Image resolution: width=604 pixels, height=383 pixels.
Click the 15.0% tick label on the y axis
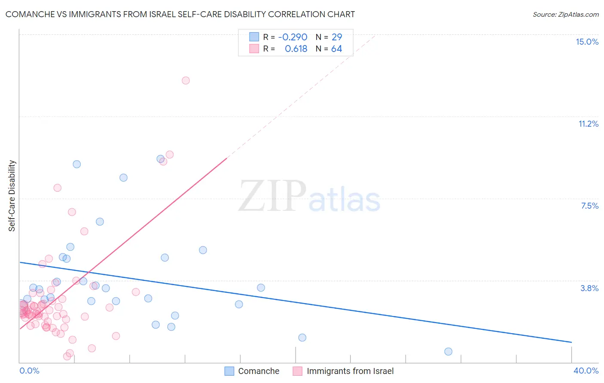point(587,42)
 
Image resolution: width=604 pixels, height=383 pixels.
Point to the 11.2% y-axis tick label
point(588,124)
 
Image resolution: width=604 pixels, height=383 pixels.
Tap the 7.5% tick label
point(589,206)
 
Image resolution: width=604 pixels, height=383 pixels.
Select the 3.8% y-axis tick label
point(589,288)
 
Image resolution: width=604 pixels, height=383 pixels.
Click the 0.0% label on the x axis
point(29,371)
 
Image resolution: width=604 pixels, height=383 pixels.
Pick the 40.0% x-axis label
point(586,371)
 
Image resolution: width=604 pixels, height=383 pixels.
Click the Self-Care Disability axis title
point(12,196)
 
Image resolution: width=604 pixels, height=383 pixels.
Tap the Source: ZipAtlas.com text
point(565,14)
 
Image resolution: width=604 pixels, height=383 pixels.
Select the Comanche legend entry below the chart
point(258,371)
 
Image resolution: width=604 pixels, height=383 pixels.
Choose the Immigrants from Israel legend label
point(350,371)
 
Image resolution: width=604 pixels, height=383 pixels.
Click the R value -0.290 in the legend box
point(293,37)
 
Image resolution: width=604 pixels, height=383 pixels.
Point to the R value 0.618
point(296,49)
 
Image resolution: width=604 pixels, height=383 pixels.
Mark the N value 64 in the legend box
point(336,49)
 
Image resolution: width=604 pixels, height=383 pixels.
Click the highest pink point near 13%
point(186,80)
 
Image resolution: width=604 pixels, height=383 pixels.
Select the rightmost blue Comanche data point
point(448,351)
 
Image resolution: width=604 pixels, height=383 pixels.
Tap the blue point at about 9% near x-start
point(76,164)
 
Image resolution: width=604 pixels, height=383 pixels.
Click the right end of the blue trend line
point(571,342)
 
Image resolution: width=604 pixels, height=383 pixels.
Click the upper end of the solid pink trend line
point(226,158)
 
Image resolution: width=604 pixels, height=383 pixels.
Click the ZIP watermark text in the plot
point(272,196)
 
